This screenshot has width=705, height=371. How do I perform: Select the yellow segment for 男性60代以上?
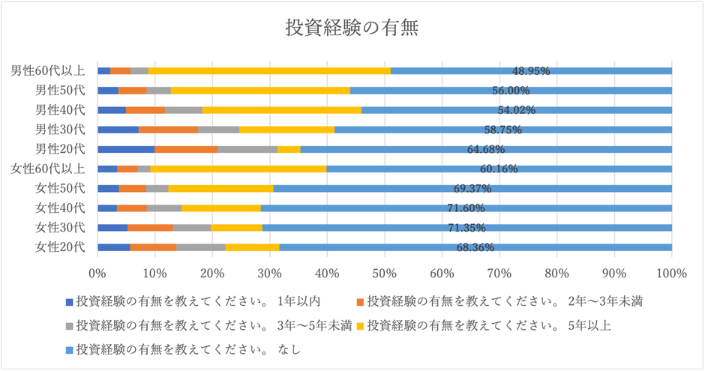pos(269,71)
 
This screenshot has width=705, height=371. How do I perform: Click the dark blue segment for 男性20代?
pos(126,149)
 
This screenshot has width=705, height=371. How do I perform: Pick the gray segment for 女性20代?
pos(200,247)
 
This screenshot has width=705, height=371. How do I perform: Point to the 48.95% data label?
pos(531,71)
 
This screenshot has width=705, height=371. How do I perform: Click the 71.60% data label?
pos(466,208)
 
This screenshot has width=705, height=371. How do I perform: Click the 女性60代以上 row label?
pos(48,169)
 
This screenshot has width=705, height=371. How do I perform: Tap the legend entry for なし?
pos(187,348)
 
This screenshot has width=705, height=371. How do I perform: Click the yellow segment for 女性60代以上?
pos(238,169)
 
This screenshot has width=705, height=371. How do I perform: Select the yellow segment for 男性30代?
pos(286,130)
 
